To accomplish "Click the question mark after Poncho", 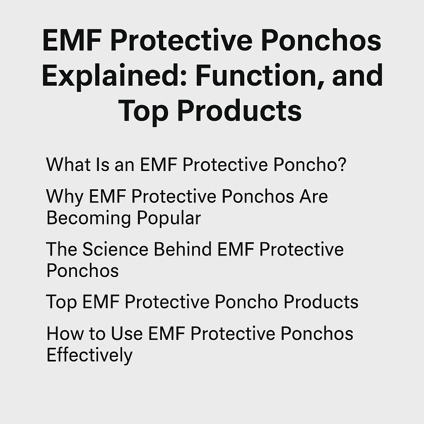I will click(342, 164).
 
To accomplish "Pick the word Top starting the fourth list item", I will click(60, 302).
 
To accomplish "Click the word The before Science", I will click(61, 249).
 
